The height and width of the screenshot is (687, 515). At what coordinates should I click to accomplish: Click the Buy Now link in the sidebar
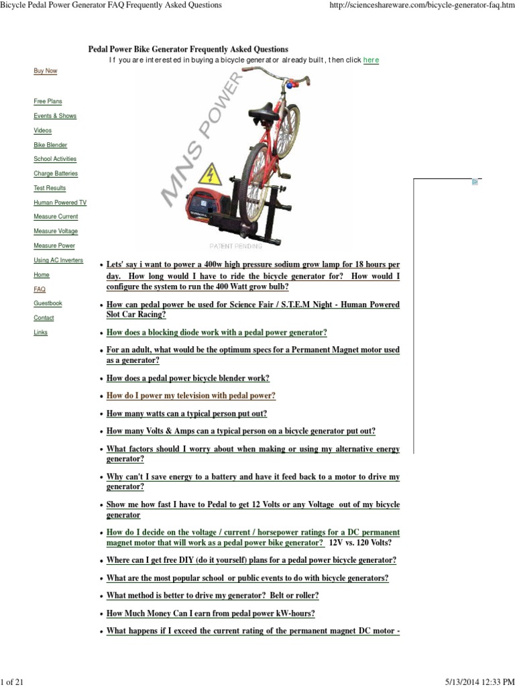[46, 70]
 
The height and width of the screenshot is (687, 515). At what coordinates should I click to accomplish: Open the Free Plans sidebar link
[48, 101]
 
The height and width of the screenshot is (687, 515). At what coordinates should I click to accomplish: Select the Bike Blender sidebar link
[50, 145]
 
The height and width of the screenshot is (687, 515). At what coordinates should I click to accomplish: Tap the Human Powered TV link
[60, 203]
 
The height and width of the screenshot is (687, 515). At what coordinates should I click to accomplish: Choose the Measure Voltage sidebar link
[56, 231]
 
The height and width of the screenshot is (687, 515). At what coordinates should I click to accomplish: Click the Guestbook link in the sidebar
[48, 303]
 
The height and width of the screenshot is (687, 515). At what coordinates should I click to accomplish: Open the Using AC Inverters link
[58, 260]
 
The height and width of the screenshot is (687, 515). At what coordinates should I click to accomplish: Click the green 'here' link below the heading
[371, 60]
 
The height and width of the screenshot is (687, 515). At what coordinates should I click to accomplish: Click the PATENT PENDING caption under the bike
[236, 246]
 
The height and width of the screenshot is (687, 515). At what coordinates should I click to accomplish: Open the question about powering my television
[190, 396]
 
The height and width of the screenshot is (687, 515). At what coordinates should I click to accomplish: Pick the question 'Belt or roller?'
[213, 596]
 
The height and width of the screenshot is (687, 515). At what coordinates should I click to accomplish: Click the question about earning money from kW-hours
[211, 613]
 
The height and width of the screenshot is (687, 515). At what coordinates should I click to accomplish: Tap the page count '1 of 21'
[13, 682]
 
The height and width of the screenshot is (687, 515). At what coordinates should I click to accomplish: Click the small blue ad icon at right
[475, 182]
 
